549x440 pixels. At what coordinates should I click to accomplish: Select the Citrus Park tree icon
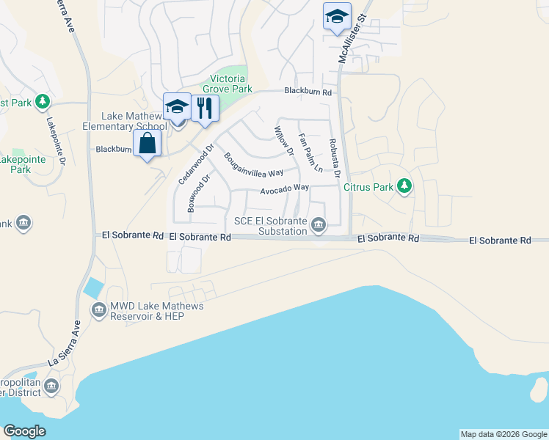404,186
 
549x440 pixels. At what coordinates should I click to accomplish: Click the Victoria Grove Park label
230,84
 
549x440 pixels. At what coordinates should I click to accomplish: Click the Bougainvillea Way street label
253,165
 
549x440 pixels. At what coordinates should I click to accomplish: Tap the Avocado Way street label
284,188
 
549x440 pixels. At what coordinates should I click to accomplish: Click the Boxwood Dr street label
199,193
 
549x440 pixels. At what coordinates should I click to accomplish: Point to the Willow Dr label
284,141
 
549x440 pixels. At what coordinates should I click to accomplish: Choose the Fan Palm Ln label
310,152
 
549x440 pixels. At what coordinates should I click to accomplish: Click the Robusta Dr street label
334,158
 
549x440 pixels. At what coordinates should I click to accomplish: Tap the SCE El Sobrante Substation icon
318,225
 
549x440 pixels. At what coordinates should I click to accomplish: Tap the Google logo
24,431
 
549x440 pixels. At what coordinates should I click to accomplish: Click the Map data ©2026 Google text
503,434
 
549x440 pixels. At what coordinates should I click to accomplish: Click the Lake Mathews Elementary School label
137,120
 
